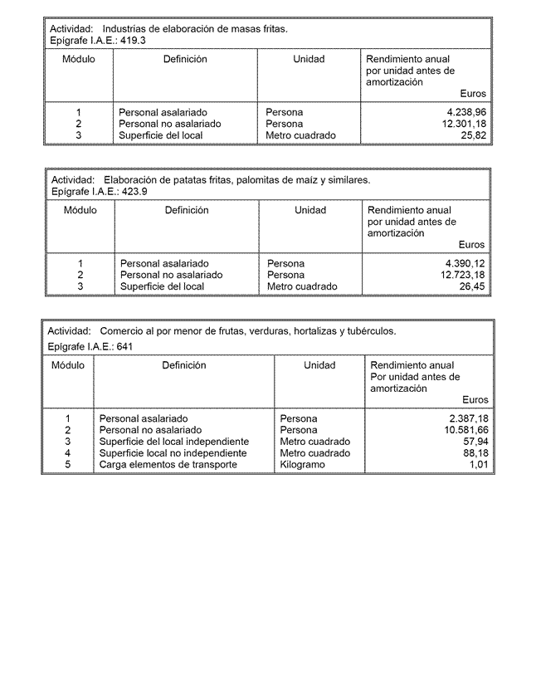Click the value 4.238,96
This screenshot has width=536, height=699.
click(x=465, y=112)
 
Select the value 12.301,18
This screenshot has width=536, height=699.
click(x=463, y=124)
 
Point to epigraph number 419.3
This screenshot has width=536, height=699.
click(x=133, y=40)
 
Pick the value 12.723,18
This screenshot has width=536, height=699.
click(x=462, y=275)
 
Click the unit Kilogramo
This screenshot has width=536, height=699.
click(x=304, y=465)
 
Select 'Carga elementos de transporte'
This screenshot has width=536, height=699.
click(x=168, y=465)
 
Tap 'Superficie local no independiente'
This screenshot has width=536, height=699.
click(x=173, y=453)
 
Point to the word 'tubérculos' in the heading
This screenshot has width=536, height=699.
click(x=372, y=330)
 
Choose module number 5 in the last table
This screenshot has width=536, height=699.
click(x=68, y=465)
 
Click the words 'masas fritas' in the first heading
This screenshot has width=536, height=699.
click(x=258, y=28)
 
